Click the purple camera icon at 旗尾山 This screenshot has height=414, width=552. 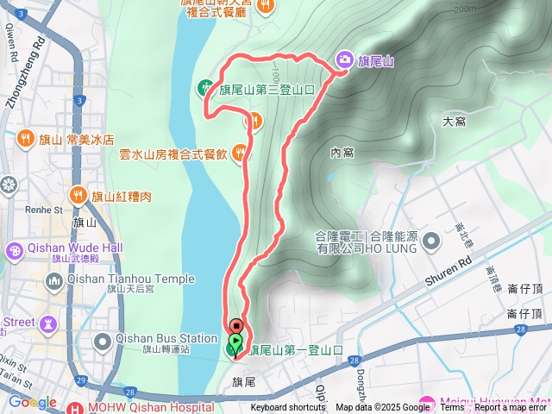(344, 60)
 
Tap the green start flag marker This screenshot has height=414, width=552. (235, 347)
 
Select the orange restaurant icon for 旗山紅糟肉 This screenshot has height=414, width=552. (78, 196)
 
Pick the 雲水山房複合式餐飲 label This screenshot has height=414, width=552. (173, 154)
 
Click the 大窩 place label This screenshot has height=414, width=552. (454, 122)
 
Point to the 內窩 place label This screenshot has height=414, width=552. (342, 153)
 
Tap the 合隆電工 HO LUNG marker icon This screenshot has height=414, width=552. (430, 248)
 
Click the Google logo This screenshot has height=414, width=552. (33, 402)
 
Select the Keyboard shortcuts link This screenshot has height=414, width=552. (288, 408)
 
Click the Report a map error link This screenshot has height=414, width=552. (511, 408)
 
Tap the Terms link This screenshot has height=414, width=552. (452, 408)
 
